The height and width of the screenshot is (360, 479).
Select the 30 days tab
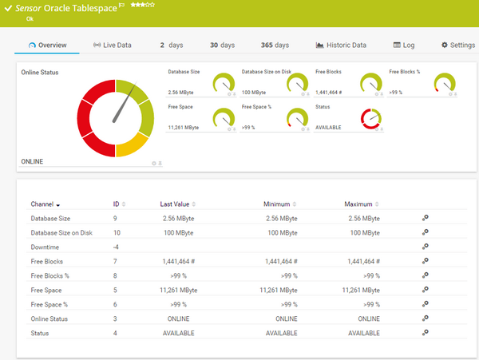pos(222,45)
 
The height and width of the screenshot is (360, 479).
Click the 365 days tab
pos(275,45)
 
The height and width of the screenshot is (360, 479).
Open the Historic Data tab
pos(341,45)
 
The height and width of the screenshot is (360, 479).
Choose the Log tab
pos(404,45)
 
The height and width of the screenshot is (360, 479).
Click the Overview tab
pos(47,45)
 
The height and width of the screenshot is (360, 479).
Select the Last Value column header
pos(178,204)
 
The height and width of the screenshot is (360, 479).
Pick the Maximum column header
pos(361,204)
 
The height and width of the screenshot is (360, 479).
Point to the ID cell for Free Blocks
pos(116,261)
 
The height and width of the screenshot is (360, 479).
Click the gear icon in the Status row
pos(426,333)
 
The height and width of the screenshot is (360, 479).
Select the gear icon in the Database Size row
pos(426,218)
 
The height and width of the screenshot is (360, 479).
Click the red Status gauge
pos(371,120)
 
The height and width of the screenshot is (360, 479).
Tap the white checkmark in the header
pos(8,7)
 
